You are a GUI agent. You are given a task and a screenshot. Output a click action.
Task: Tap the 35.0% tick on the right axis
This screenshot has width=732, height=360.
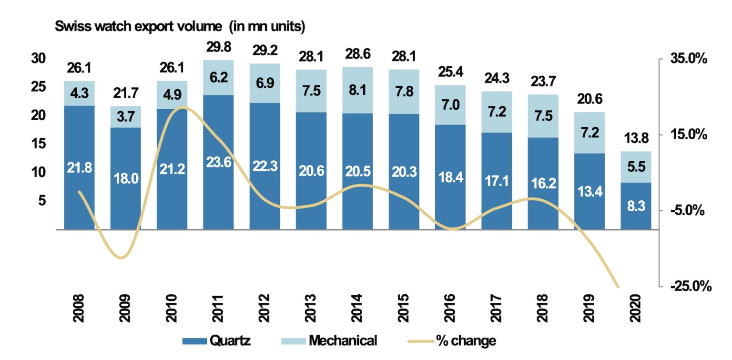[689, 59]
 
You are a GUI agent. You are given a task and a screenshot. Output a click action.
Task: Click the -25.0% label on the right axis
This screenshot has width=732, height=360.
[691, 286]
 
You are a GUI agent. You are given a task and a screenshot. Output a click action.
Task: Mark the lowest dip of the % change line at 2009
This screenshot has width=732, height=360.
[122, 258]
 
